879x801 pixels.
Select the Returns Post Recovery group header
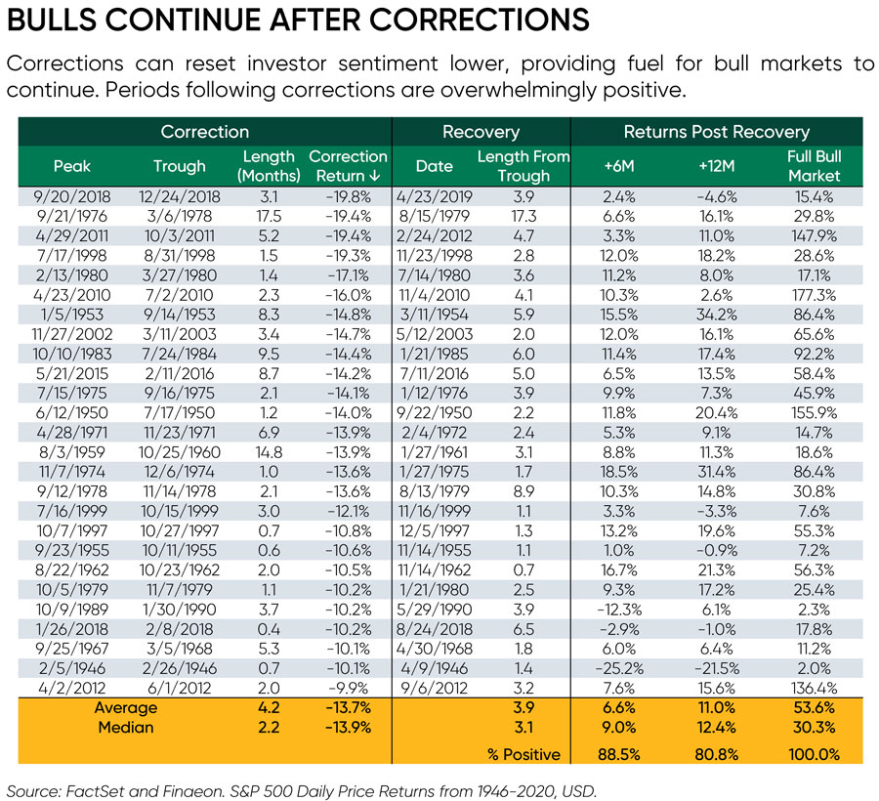click(717, 131)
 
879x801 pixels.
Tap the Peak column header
click(71, 166)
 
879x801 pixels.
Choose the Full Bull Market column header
click(814, 166)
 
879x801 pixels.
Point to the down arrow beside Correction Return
click(375, 177)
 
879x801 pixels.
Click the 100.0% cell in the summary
click(814, 753)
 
